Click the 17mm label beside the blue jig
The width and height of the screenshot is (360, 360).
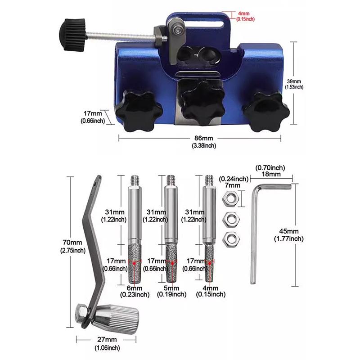coord(93,117)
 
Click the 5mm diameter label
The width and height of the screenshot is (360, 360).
coord(171,291)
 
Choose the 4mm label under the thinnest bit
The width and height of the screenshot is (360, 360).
coord(211,291)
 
